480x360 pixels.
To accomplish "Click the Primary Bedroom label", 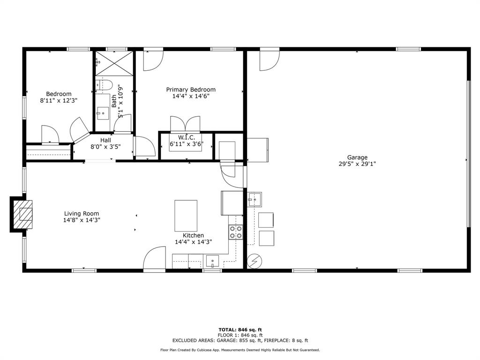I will coord(191,90).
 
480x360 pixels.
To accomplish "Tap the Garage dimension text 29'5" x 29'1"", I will coord(357,164).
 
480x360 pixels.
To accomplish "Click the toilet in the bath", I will coord(105,85).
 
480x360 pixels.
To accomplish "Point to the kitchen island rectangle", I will coord(186,216).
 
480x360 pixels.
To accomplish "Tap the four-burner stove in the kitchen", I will coord(235,232).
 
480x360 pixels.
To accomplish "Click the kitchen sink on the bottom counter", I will coord(213,261).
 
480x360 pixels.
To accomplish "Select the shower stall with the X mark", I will coord(114,63).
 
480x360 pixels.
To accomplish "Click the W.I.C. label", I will coord(186,137).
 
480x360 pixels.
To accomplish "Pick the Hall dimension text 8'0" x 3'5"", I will coord(105,146).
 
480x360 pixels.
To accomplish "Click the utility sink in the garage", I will coord(254,199).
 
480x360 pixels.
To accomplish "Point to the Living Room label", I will coord(82,214).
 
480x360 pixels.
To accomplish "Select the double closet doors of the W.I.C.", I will coord(185,125).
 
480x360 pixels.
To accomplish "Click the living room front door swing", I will coord(154,259).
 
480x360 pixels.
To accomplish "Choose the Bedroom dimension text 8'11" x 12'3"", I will coord(59,100).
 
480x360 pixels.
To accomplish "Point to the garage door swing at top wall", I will coord(269,60).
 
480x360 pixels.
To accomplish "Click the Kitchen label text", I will coord(193,235).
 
